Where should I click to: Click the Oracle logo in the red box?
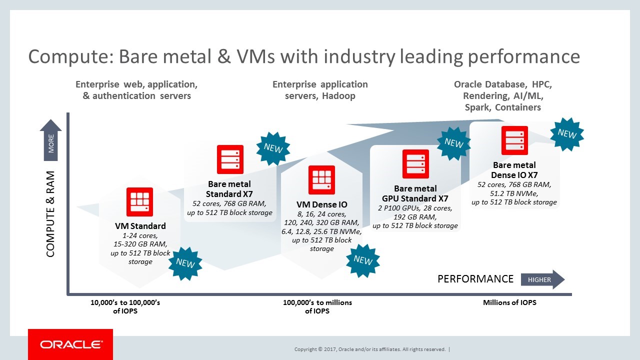(x=71, y=344)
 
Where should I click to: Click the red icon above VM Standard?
(x=139, y=202)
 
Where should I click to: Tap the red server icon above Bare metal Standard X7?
(x=230, y=159)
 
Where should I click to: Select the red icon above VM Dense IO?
(x=321, y=180)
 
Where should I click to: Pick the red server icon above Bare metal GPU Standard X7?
(x=415, y=163)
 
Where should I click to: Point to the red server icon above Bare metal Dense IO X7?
(x=514, y=140)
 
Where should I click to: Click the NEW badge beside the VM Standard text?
(x=185, y=263)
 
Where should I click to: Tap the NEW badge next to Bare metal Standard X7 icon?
(x=273, y=148)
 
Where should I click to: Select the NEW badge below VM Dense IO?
(x=363, y=260)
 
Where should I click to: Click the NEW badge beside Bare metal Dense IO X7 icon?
(x=567, y=134)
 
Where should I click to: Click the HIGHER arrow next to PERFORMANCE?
(x=542, y=279)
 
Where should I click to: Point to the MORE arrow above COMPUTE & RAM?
(x=50, y=140)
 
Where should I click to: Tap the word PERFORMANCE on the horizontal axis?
(x=475, y=279)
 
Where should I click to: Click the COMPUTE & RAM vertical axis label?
(x=50, y=214)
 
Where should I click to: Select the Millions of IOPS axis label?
(x=509, y=302)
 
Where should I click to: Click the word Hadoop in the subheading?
(x=338, y=95)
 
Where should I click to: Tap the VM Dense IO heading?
(x=321, y=204)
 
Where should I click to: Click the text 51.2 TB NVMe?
(x=514, y=193)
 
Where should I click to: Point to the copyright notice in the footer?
(x=370, y=349)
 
